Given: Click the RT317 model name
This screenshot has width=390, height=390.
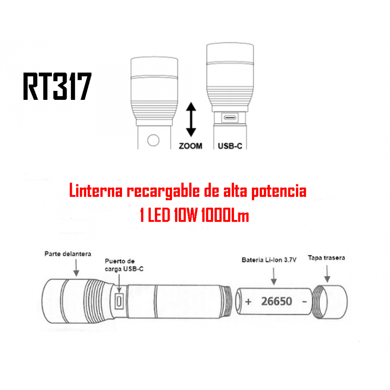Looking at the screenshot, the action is point(57,86).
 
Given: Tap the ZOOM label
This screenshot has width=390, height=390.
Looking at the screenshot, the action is point(191,146).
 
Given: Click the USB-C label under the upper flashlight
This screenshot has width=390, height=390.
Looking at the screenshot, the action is point(230,146).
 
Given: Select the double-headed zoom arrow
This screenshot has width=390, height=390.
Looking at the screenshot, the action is point(191,119).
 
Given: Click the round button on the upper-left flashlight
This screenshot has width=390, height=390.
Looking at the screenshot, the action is point(153,140).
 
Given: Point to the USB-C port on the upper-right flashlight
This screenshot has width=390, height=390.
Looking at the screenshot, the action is point(230,117).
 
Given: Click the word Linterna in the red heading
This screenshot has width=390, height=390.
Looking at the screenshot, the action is point(96,191).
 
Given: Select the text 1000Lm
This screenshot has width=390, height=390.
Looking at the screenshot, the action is point(225,215).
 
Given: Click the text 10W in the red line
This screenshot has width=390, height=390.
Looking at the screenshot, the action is point(186,215).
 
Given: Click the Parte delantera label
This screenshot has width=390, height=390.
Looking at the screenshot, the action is point(68,254).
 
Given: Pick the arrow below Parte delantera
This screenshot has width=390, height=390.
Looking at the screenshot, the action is point(76,268).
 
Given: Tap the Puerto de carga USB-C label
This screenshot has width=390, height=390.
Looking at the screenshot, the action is point(124,265).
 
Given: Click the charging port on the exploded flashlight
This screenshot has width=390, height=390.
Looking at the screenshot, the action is point(119,301).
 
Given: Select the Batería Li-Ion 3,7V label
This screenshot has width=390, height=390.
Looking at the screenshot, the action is point(269,260).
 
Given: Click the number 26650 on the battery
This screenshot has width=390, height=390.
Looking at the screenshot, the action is point(277,301).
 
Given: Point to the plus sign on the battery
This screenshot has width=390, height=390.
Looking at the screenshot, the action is point(248,302).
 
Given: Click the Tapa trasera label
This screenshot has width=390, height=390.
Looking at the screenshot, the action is point(326,258).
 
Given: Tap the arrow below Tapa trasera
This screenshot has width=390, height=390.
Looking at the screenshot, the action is point(327,274).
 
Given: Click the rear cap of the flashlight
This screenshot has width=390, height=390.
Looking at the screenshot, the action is point(330,302).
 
